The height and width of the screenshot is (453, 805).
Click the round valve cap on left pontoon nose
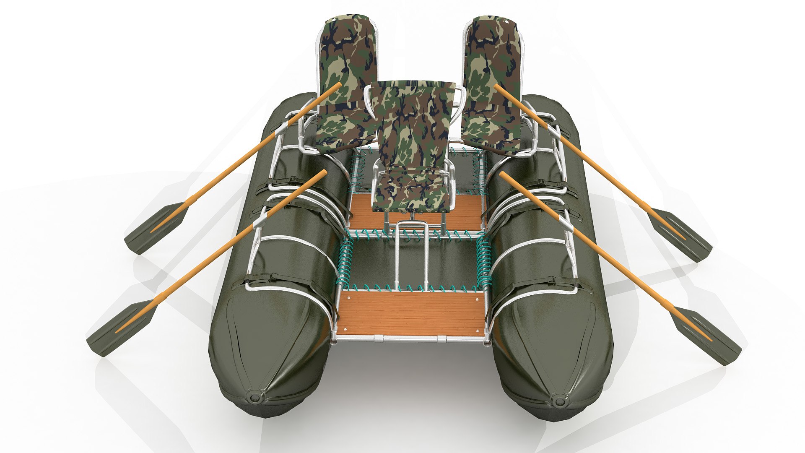pyautogui.click(x=254, y=397)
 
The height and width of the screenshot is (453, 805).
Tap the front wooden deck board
pyautogui.click(x=411, y=312)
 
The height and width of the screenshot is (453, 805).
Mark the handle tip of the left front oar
pyautogui.click(x=324, y=172)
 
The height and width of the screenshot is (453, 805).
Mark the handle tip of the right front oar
pyautogui.click(x=502, y=173)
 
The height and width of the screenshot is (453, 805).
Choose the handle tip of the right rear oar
pyautogui.click(x=496, y=86)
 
